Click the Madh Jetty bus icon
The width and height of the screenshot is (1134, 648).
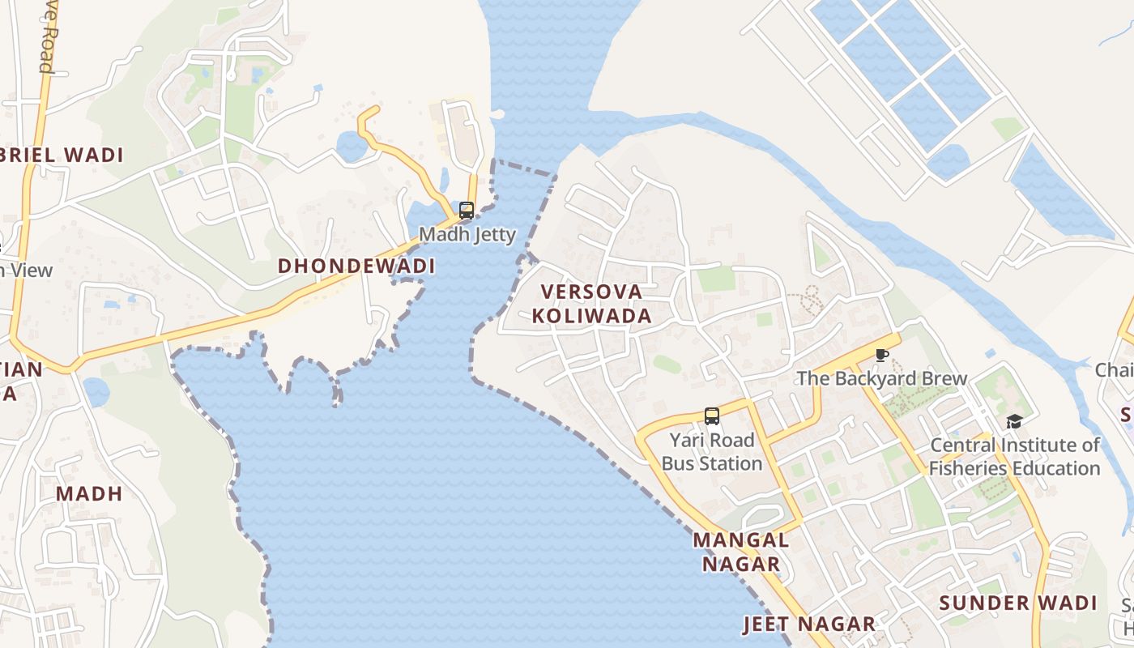(467, 211)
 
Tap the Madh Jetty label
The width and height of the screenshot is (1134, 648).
(467, 235)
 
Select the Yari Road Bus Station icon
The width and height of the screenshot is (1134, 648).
(712, 416)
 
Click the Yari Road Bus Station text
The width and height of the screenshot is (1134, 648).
(712, 452)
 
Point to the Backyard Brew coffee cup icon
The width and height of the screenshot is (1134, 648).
(882, 356)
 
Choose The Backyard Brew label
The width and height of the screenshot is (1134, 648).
(882, 378)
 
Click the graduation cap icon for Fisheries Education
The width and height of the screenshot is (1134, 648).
(1014, 421)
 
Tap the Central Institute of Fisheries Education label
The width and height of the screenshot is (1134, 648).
(1014, 457)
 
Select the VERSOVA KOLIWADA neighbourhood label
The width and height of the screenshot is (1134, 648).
(592, 304)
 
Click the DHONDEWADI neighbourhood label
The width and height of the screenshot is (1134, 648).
(356, 266)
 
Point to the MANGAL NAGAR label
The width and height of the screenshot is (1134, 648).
(741, 552)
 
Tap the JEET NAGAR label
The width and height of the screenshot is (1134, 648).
(809, 625)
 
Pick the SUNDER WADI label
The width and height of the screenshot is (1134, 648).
(1018, 603)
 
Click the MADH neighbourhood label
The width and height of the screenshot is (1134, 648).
(89, 493)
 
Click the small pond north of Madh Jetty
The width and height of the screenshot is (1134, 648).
(352, 147)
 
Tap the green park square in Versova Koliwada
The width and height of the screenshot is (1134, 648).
(716, 279)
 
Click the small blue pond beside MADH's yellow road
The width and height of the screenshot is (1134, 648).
(96, 392)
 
